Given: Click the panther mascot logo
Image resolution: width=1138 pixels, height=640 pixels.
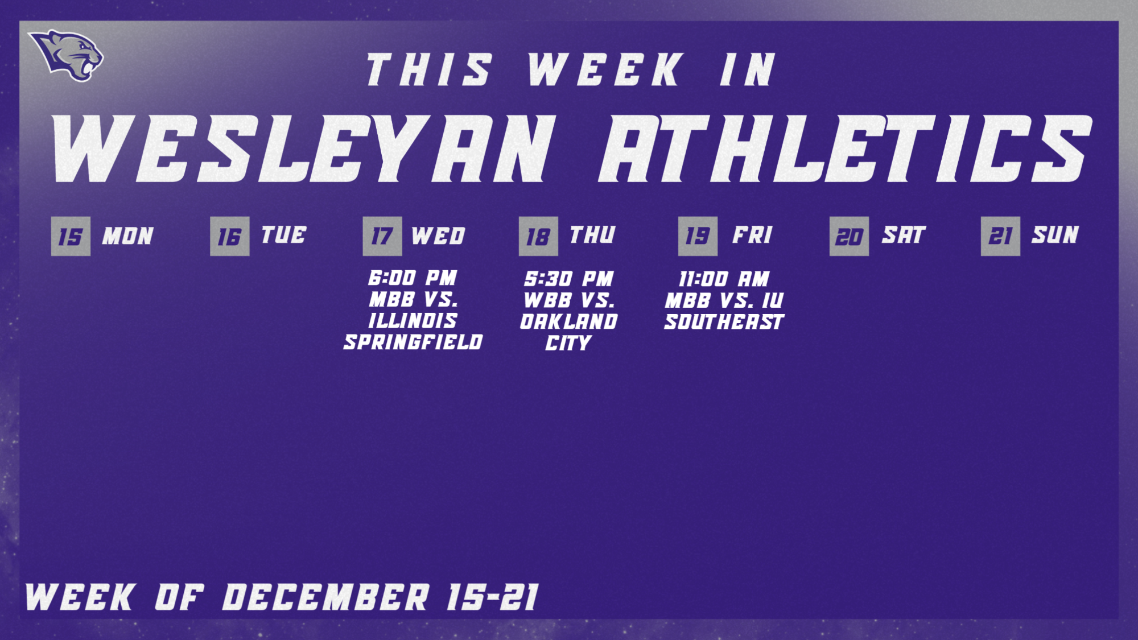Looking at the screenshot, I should [x=67, y=55].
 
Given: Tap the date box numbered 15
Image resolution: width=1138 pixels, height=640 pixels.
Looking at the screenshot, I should [x=71, y=236].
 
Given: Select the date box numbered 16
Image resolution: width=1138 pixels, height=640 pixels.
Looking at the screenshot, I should [x=229, y=236].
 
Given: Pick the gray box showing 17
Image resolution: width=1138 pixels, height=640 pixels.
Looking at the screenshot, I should [x=382, y=236].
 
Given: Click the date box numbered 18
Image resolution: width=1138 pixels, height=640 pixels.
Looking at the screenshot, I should [x=538, y=236].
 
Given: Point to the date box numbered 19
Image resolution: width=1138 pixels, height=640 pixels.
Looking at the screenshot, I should [x=698, y=236].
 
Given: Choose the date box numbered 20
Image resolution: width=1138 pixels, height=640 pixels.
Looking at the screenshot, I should [x=849, y=236].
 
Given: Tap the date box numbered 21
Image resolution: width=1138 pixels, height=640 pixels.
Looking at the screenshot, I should [x=1000, y=236].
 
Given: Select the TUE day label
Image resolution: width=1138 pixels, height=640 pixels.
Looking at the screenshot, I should [x=284, y=235].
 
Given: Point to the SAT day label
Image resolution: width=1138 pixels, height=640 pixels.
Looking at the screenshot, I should [x=904, y=235].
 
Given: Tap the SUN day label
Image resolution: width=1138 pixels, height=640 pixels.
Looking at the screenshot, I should [x=1055, y=235].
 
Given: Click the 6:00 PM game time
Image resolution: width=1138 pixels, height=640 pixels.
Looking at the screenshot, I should [x=413, y=278].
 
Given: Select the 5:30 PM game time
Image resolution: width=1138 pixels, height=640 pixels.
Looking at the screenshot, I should [x=569, y=279].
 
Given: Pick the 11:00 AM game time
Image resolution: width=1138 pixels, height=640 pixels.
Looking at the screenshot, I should [x=724, y=279].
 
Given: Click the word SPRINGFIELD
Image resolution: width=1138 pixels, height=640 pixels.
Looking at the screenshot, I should [x=413, y=342].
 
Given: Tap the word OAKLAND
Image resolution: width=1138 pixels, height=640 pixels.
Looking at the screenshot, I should [x=569, y=322].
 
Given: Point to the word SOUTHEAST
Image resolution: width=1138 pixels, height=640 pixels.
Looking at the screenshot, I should [x=724, y=322].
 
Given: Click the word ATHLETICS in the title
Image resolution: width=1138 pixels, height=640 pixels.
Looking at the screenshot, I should [x=845, y=149].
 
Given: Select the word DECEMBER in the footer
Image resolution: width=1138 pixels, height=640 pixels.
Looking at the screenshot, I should [x=325, y=597].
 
